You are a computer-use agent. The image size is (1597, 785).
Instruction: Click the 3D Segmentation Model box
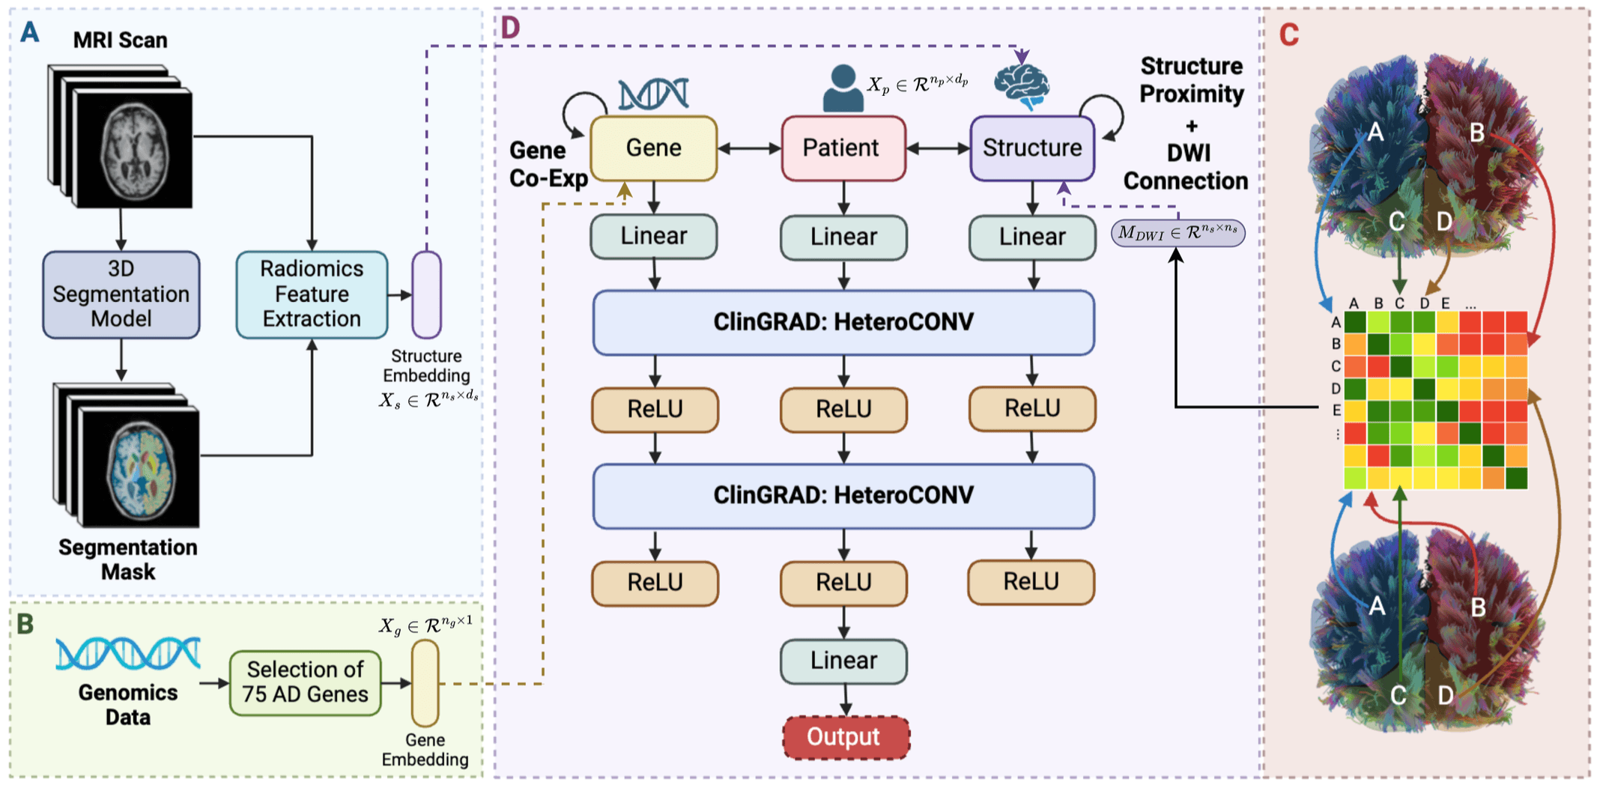[x=121, y=294]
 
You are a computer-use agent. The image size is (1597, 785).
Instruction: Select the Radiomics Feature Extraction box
[x=312, y=294]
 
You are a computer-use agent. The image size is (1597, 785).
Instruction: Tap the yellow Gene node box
[x=654, y=148]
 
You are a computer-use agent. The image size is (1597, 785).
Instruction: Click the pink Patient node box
[x=843, y=148]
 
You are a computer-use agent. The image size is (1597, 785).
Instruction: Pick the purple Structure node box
[x=1032, y=148]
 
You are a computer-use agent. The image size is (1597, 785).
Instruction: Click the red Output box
[x=846, y=737]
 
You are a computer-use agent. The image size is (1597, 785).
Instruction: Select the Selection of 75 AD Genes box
[x=306, y=682]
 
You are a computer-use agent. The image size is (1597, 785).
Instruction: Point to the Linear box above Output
[x=843, y=661]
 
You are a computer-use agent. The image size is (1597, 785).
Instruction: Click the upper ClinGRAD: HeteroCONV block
[x=843, y=323]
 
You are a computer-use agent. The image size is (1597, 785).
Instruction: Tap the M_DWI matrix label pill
[x=1178, y=233]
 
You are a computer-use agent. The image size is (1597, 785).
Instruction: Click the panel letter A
[x=29, y=32]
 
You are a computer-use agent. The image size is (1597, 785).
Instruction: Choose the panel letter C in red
[x=1289, y=35]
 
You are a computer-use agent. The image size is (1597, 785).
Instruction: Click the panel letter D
[x=510, y=28]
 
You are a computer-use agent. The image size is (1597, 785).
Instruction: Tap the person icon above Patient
[x=843, y=88]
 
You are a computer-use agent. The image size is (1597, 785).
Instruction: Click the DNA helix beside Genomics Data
[x=128, y=653]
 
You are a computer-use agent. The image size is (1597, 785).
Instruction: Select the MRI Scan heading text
[x=120, y=40]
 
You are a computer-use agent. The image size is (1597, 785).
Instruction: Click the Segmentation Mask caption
[x=128, y=559]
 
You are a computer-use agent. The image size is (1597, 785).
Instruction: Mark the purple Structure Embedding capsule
[x=426, y=294]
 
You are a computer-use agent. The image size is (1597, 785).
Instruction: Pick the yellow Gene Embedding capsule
[x=425, y=682]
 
